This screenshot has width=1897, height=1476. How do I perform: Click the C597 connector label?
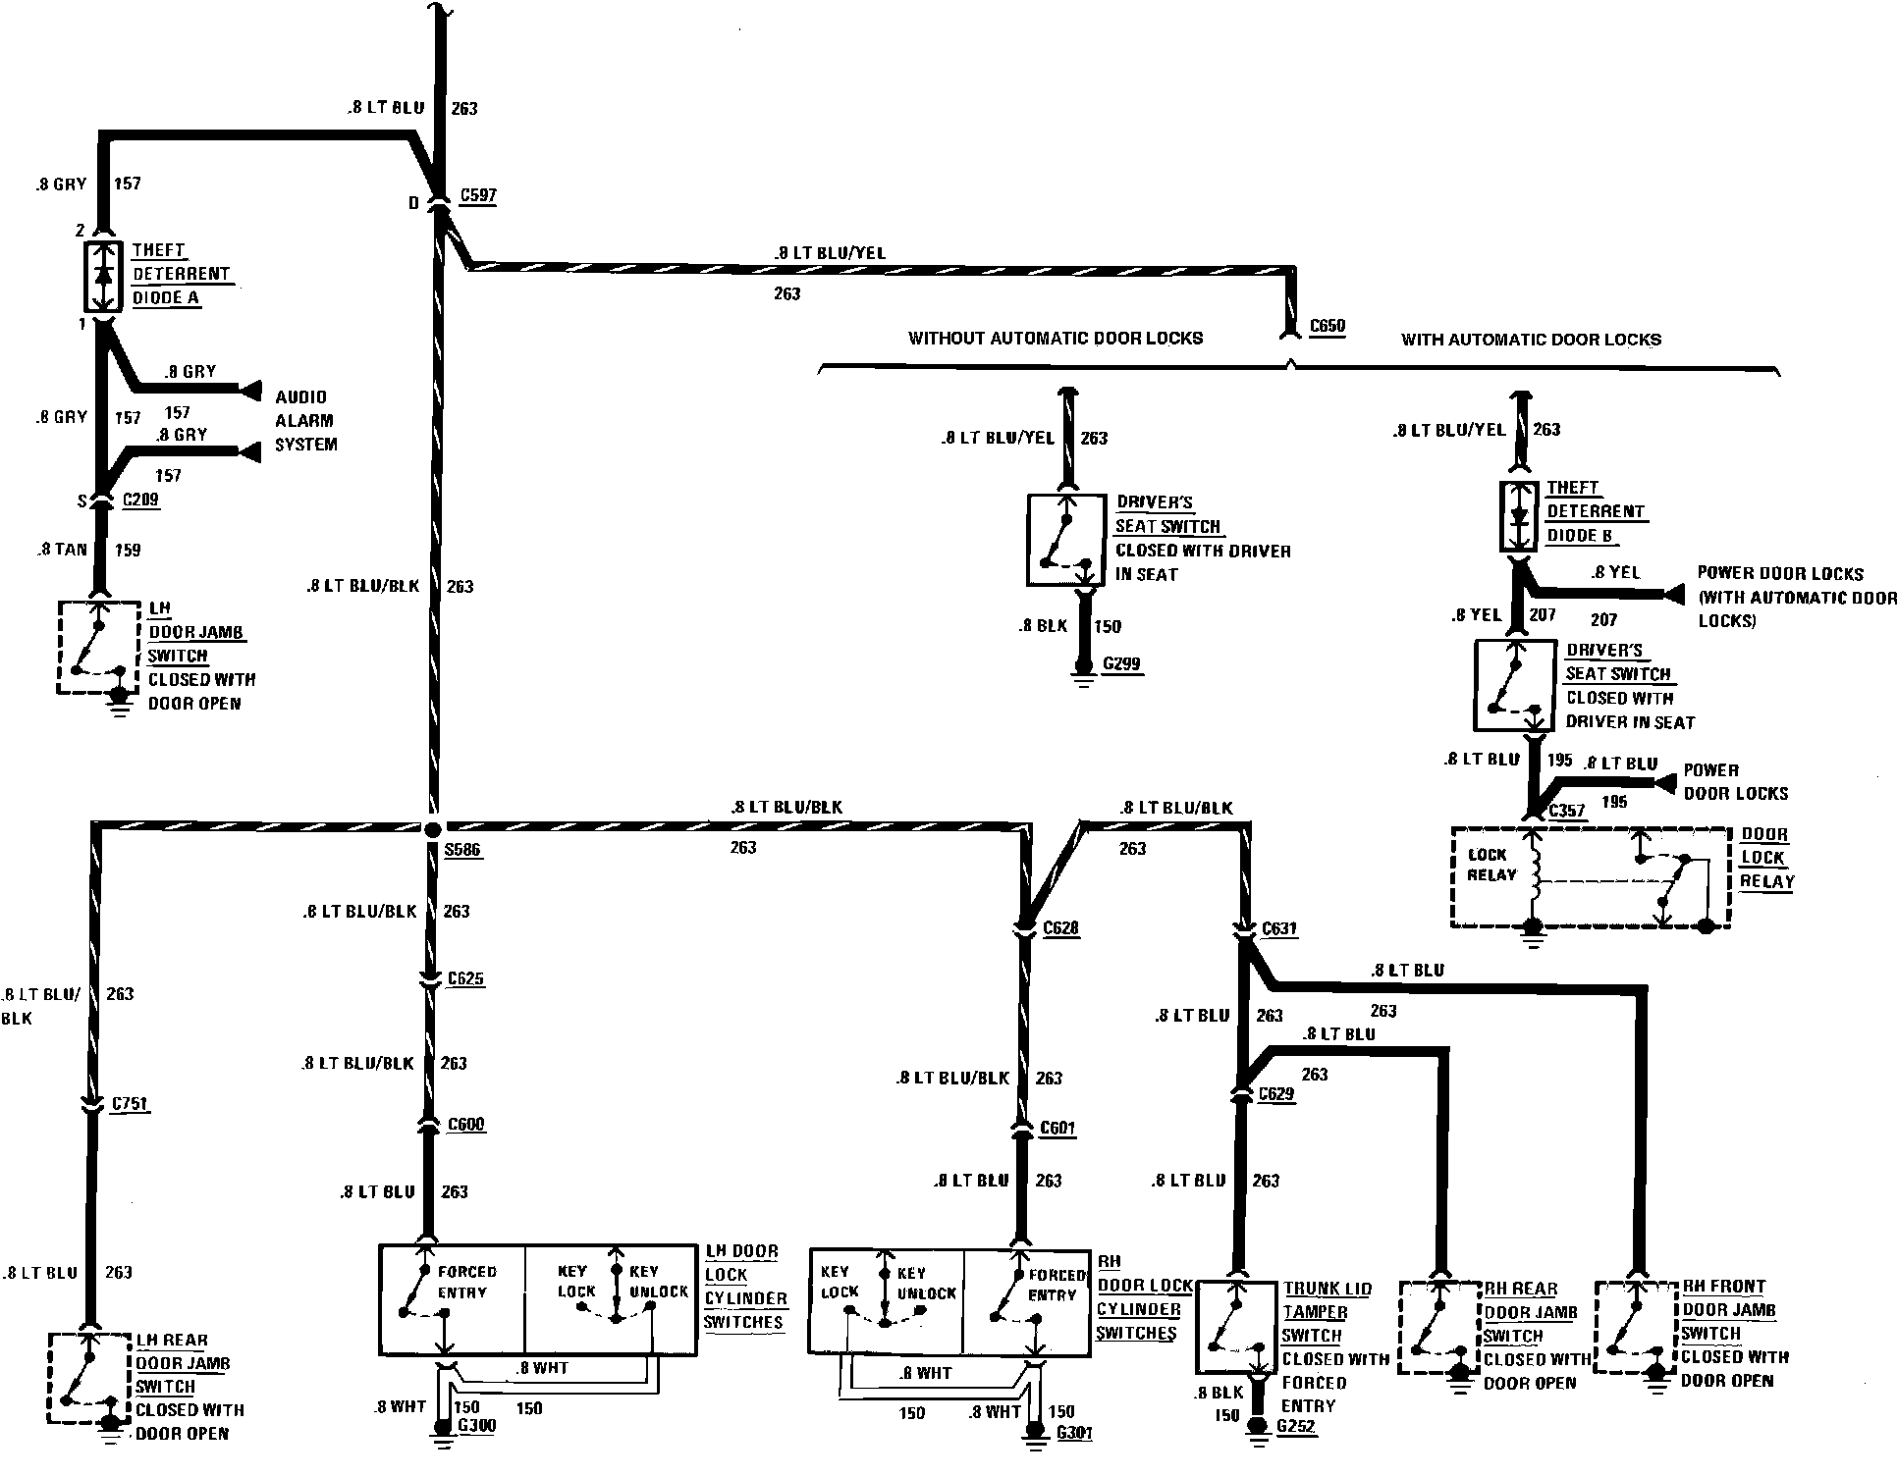[477, 195]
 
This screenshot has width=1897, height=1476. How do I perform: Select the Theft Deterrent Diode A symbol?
[103, 276]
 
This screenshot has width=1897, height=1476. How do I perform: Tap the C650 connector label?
[1327, 326]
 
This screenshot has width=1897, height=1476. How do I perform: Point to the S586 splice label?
[461, 850]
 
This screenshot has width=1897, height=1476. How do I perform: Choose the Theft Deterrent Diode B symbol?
[1520, 515]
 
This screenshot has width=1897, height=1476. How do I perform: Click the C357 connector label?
[1567, 812]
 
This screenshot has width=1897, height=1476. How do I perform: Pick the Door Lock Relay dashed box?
[1590, 878]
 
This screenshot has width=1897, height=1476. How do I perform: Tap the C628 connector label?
[1060, 927]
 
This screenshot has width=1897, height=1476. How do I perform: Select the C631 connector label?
[1279, 928]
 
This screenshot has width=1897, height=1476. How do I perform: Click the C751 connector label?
[130, 1104]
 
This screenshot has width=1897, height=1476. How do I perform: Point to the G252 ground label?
[1296, 1426]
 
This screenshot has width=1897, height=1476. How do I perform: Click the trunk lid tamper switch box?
[1235, 1326]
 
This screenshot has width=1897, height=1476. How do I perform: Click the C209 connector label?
[140, 500]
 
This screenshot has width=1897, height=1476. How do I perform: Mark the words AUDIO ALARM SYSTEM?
[305, 421]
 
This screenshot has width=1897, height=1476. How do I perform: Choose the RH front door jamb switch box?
[1634, 1326]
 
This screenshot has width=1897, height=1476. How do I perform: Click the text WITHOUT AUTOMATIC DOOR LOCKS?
[1055, 339]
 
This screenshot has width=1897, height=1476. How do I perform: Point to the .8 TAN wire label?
[62, 550]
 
